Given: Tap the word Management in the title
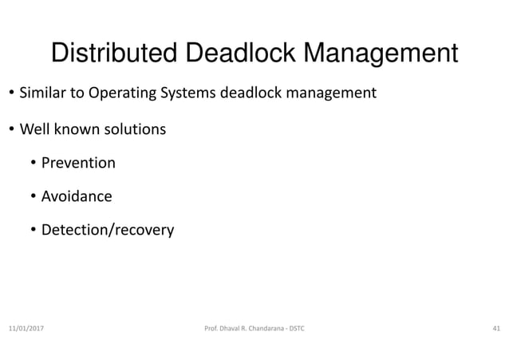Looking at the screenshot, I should [x=370, y=54].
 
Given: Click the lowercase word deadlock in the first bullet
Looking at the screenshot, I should [x=249, y=93].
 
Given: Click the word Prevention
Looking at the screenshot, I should [x=78, y=163].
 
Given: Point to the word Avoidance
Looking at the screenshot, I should [x=77, y=196].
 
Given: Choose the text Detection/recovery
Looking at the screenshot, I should [x=107, y=231].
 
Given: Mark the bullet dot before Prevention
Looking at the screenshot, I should [x=33, y=164].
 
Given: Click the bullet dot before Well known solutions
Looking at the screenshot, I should [x=12, y=129].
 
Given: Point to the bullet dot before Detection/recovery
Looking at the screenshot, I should [x=33, y=231].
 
